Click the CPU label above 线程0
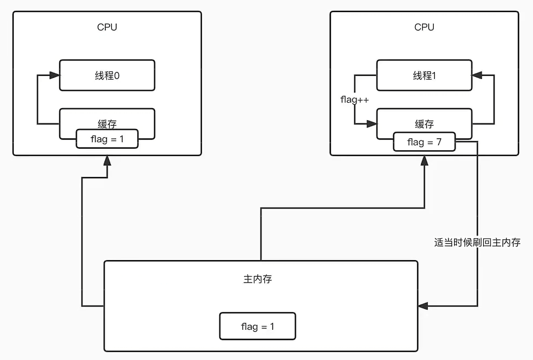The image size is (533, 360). tap(107, 27)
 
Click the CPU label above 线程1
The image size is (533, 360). tap(424, 27)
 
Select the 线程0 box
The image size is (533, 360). tap(107, 76)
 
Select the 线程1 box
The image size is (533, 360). tap(424, 76)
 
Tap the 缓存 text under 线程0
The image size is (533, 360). tap(107, 125)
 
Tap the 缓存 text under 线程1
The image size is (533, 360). tap(424, 125)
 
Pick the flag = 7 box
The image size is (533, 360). tap(424, 143)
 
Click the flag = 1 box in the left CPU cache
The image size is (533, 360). tap(107, 139)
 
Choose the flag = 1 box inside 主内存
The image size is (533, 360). tap(257, 327)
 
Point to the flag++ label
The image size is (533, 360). tap(354, 99)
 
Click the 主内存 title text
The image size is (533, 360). tap(257, 279)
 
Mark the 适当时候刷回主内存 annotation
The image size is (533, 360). tap(477, 243)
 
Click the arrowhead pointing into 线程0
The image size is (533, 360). tap(55, 76)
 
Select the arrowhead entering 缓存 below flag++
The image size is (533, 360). tap(372, 123)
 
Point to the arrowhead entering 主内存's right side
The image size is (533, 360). tap(423, 306)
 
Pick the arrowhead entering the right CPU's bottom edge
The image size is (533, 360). tap(424, 161)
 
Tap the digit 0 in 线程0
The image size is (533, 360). tap(117, 76)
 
